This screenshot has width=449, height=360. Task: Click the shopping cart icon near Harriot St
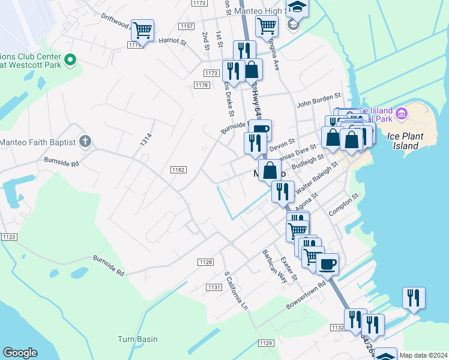click(142, 29)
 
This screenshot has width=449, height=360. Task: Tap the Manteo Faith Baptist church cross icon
click(85, 142)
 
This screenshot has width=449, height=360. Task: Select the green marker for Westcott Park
click(70, 59)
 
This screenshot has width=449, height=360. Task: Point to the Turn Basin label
click(137, 339)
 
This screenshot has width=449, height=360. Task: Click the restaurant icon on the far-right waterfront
click(414, 298)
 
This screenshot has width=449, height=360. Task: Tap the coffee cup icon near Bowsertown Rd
click(327, 263)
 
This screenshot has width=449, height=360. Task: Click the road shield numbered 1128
click(206, 262)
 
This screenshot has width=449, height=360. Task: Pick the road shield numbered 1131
click(214, 287)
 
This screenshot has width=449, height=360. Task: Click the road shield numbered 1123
click(8, 237)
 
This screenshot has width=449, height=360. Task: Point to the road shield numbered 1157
click(186, 26)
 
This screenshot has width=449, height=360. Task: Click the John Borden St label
click(319, 95)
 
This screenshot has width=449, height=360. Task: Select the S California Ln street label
click(235, 290)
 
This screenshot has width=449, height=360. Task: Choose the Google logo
click(20, 353)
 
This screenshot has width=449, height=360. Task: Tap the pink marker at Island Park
click(402, 112)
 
